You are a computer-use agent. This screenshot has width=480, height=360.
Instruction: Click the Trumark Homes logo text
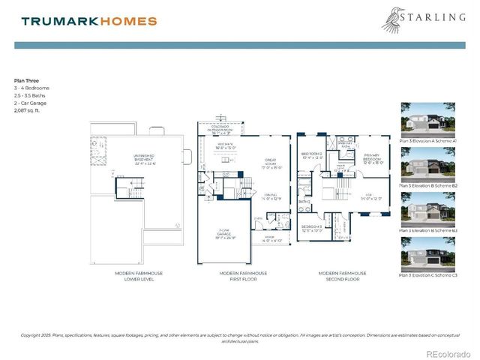click(x=89, y=21)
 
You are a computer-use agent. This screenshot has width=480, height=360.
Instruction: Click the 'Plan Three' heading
click(x=27, y=79)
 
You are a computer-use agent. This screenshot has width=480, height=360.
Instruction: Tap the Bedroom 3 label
click(x=312, y=228)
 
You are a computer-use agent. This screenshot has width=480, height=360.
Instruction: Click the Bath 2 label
click(x=304, y=201)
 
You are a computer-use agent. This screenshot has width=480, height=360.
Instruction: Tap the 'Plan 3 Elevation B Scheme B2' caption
click(x=427, y=185)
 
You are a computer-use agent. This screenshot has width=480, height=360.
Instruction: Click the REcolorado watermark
click(x=448, y=353)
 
